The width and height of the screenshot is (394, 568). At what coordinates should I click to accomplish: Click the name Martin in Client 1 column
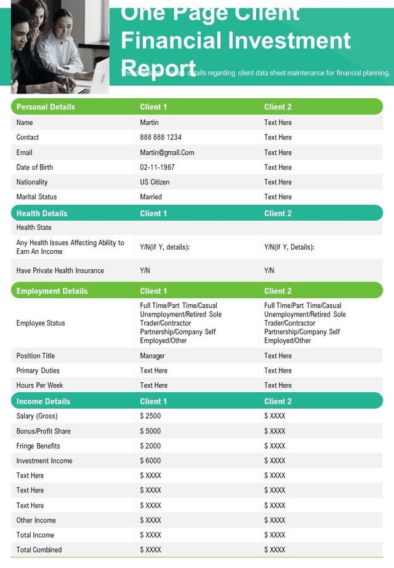(x=149, y=122)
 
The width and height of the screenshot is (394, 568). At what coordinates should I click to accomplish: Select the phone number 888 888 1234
(x=161, y=137)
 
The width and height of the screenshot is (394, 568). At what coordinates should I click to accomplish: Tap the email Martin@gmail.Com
(x=167, y=152)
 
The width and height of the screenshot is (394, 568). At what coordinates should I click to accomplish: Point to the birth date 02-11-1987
(x=157, y=167)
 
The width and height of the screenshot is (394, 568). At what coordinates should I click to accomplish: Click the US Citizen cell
(x=155, y=182)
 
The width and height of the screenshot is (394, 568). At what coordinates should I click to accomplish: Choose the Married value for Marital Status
(x=151, y=197)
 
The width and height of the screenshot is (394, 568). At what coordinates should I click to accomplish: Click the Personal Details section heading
(x=46, y=107)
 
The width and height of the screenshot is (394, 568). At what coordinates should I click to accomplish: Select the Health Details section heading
(x=42, y=213)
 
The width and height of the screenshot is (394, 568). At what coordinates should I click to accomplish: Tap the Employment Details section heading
(x=52, y=291)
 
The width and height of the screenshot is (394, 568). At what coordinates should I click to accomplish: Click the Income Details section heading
(x=43, y=401)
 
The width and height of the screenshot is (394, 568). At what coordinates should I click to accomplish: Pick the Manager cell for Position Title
(x=152, y=356)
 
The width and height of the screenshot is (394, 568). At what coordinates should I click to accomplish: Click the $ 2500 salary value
(x=150, y=416)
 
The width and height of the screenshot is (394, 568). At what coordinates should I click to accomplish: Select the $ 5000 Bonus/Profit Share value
(x=150, y=431)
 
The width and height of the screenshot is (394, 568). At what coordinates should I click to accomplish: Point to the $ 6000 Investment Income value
(x=150, y=460)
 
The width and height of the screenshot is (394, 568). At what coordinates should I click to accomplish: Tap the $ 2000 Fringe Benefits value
(x=150, y=446)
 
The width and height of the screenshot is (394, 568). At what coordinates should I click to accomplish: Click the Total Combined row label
(x=39, y=550)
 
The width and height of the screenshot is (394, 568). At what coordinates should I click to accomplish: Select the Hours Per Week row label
(x=39, y=385)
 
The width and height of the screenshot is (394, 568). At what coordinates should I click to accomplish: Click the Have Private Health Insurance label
(x=60, y=270)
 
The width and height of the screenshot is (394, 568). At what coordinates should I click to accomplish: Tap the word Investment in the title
(x=289, y=41)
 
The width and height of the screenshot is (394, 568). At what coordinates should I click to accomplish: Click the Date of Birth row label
(x=34, y=167)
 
